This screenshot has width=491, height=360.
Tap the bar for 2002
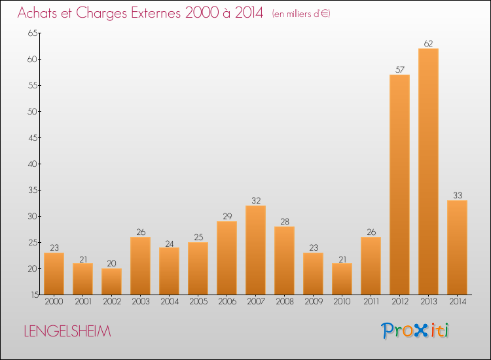click(x=111, y=281)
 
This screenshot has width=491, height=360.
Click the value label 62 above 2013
click(x=428, y=44)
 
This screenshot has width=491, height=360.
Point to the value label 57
click(x=399, y=70)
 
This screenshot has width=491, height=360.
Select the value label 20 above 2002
click(x=111, y=264)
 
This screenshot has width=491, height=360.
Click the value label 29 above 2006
click(x=227, y=217)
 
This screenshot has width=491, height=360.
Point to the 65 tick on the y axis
click(x=31, y=33)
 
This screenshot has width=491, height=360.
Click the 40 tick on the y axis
click(x=31, y=164)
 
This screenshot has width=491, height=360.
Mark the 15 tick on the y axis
click(x=31, y=295)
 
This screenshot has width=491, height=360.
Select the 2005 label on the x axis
click(x=198, y=302)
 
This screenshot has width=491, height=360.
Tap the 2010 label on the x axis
click(x=342, y=302)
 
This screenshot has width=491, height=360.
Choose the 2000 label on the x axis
click(x=54, y=302)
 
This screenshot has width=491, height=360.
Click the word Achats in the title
click(x=39, y=12)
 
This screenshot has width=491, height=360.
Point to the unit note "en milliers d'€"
click(x=300, y=14)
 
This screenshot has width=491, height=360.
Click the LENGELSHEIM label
click(x=67, y=331)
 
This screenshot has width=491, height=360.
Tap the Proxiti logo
click(x=416, y=331)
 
